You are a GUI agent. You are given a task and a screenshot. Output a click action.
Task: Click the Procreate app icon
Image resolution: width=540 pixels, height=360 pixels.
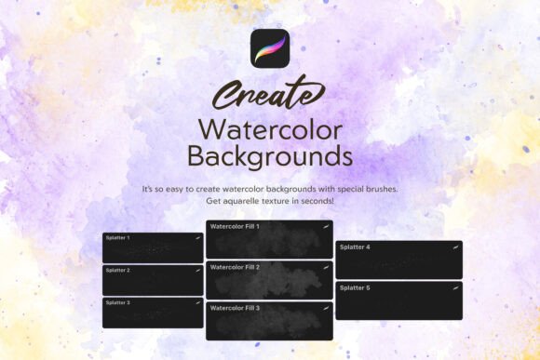pos(270,48)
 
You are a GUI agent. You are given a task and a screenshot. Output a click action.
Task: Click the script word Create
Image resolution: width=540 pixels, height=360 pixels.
pos(269,95)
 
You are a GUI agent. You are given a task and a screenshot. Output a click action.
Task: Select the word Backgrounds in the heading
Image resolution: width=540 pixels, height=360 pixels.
pos(270,153)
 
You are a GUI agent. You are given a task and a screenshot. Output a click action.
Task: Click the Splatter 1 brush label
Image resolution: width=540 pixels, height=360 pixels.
pos(118,238)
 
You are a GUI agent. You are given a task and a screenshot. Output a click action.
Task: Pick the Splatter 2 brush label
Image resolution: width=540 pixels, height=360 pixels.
pos(118,271)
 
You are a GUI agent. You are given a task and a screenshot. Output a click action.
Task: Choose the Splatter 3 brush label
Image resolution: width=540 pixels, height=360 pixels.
pos(118,302)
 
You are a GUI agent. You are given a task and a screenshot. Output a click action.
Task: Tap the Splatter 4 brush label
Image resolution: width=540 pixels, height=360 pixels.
pos(355,247)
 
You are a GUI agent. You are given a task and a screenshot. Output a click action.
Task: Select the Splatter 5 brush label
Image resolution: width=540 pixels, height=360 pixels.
pos(355,288)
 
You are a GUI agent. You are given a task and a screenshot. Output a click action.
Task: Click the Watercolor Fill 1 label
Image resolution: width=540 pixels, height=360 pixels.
pos(235,226)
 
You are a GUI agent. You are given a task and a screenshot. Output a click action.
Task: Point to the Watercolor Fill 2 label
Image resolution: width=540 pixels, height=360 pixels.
pos(235,267)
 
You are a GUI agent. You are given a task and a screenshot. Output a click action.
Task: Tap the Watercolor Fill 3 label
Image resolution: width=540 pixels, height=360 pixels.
pos(235,308)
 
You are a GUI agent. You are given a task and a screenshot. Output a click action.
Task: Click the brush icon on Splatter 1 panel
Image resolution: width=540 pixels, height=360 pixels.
pos(197,238)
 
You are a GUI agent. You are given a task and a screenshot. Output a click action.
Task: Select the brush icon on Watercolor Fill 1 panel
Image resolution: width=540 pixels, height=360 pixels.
pos(326,226)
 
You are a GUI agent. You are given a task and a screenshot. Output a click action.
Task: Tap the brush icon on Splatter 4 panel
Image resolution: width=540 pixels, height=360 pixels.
pos(456,247)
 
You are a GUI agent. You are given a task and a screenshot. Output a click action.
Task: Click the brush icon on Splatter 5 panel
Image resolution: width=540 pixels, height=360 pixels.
pos(456,288)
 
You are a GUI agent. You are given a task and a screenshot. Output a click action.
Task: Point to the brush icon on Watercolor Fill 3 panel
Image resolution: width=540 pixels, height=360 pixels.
pos(326,308)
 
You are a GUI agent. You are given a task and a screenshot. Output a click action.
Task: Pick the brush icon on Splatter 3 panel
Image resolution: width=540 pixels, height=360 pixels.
pos(197,302)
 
